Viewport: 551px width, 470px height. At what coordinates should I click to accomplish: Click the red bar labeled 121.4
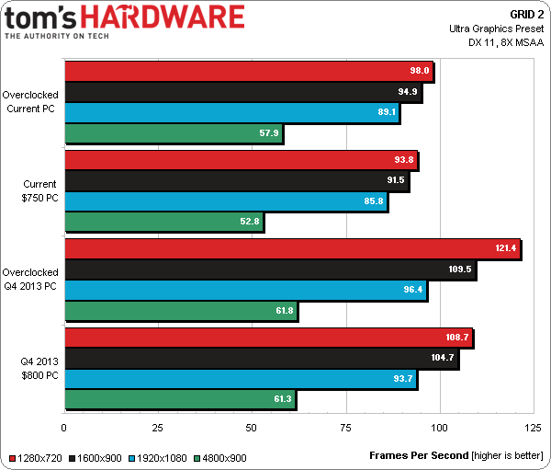[x=292, y=248]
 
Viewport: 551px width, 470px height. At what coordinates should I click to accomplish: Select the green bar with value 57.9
[x=174, y=134]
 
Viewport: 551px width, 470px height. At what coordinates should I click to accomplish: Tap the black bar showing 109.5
[x=270, y=269]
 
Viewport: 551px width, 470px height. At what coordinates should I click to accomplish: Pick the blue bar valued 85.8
[x=226, y=201]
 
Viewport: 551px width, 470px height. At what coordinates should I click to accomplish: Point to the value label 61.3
[x=284, y=399]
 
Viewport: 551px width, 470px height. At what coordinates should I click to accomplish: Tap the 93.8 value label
[x=405, y=159]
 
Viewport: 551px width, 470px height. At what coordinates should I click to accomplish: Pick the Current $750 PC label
[x=39, y=190]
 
